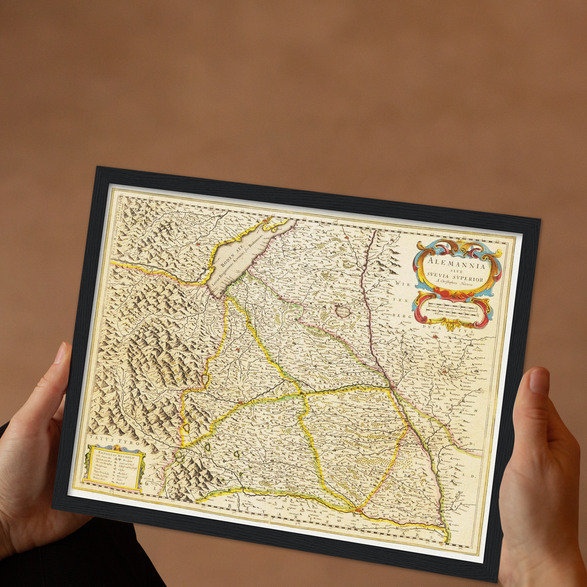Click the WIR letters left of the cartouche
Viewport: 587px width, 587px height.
coord(402,284)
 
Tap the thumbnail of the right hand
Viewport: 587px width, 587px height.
coord(539,380)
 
